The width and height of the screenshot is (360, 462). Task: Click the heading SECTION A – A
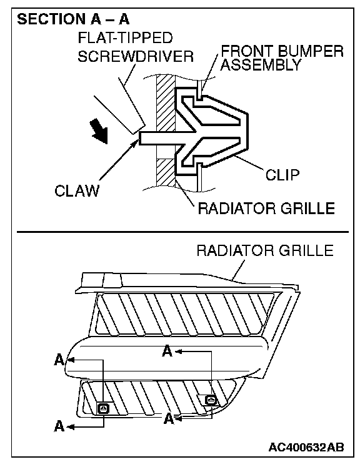[73, 19]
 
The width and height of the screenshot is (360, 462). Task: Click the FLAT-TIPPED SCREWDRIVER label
[135, 47]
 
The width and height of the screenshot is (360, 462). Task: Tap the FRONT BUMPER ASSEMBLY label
[282, 58]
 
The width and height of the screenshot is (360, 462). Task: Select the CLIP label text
[282, 175]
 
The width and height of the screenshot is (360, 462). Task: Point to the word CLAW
[77, 190]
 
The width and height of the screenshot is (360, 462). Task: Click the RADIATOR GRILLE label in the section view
[266, 209]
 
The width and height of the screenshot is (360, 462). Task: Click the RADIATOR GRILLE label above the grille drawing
[265, 251]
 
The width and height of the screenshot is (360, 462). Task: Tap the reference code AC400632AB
[306, 447]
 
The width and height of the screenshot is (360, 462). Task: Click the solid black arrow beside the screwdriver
[99, 131]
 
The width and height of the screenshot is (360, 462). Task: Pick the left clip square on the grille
[104, 409]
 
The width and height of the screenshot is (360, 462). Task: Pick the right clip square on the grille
[211, 400]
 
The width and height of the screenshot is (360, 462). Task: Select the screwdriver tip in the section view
[139, 129]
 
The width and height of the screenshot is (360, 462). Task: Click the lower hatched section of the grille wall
[166, 173]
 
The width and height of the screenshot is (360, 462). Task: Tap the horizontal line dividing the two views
[182, 232]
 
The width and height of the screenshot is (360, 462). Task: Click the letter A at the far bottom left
[59, 426]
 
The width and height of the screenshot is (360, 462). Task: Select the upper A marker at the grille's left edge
[59, 360]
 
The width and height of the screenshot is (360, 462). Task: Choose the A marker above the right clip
[167, 351]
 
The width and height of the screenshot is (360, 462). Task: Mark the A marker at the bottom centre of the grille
[169, 418]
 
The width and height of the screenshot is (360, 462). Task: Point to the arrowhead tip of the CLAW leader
[137, 140]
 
